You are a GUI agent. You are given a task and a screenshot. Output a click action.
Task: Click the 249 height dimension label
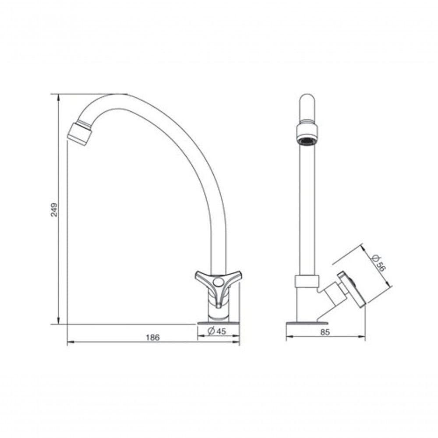point(54,209)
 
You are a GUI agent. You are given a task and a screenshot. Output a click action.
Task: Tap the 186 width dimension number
point(152,337)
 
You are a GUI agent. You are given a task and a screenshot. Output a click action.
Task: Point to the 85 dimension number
point(325,332)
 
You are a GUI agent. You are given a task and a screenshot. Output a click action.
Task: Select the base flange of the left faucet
point(218,323)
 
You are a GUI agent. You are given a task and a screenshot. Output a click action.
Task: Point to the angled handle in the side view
point(352,289)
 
